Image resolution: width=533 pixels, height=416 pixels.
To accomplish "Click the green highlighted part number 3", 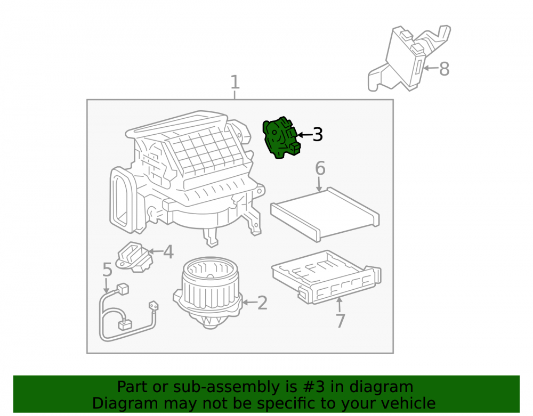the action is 281,137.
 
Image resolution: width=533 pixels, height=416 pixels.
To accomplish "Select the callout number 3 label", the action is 318,135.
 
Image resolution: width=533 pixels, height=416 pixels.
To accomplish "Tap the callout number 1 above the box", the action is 235,82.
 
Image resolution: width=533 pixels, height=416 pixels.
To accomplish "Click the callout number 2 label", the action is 262,303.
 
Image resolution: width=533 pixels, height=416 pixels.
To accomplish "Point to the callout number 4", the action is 168,252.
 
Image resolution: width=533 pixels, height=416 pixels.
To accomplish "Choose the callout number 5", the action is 107,270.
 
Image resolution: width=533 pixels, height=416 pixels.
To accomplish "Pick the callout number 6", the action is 320,168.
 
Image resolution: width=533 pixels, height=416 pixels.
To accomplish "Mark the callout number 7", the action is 340,321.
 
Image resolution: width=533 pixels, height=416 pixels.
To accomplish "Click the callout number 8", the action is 445,69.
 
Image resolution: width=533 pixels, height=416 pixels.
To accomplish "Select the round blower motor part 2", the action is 208,292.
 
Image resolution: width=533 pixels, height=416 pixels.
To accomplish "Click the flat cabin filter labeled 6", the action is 325,214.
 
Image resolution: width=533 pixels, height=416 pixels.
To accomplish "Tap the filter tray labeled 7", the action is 326,277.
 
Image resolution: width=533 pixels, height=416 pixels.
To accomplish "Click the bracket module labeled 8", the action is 409,59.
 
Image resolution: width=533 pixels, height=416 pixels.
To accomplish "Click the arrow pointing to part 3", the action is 304,135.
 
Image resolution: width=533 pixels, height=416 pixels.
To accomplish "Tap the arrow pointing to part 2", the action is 250,302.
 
